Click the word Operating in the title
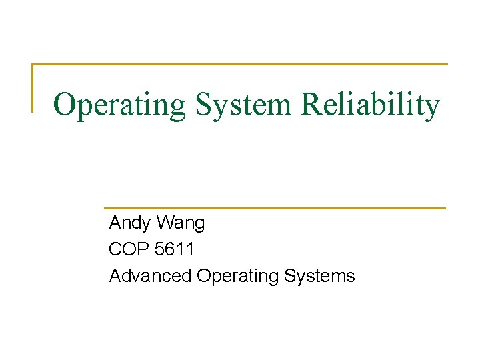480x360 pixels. [x=119, y=105]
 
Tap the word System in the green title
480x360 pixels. [x=243, y=105]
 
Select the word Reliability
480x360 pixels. [x=371, y=105]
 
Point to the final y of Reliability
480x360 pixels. [x=432, y=109]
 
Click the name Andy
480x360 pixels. [x=129, y=223]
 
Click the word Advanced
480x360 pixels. [x=150, y=275]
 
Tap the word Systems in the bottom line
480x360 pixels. [x=320, y=275]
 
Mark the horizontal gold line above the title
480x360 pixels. [x=240, y=65]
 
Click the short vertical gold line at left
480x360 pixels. [x=33, y=87]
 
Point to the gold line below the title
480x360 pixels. [x=275, y=207]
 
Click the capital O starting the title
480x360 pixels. [x=65, y=105]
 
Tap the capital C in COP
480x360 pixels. [x=115, y=249]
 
